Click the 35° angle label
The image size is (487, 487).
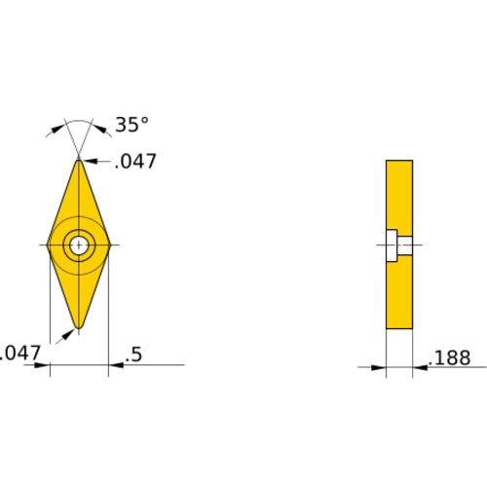132,125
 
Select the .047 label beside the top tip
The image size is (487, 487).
135,162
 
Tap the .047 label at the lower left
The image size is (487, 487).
19,355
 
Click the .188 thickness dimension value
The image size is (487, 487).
450,358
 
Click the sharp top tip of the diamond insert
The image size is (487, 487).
78,158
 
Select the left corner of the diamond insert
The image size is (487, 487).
48,245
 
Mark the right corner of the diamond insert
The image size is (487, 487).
108,245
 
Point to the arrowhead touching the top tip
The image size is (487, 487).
85,161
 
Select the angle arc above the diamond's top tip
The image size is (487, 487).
78,124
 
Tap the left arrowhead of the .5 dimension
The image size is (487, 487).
43,366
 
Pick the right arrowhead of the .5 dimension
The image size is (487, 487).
114,366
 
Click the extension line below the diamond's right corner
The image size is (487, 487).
108,312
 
